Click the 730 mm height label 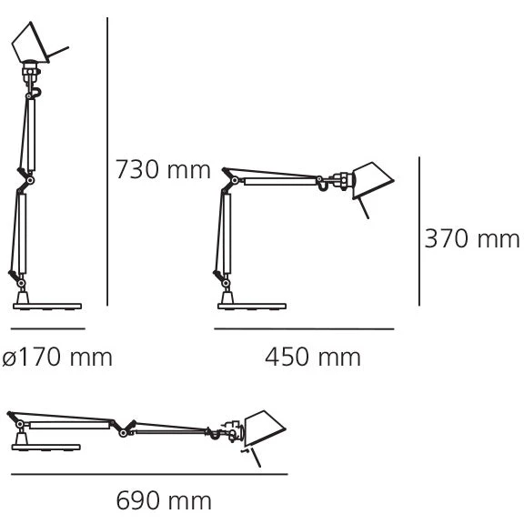(x=163, y=170)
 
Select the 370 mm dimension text (x=472, y=238)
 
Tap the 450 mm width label (x=313, y=357)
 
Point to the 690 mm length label (x=164, y=500)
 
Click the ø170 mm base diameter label (x=57, y=357)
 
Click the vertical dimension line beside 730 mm (x=107, y=161)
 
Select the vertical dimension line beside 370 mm (x=419, y=231)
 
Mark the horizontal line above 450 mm (x=304, y=328)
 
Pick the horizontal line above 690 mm (x=149, y=474)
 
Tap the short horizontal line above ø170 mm (x=48, y=328)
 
